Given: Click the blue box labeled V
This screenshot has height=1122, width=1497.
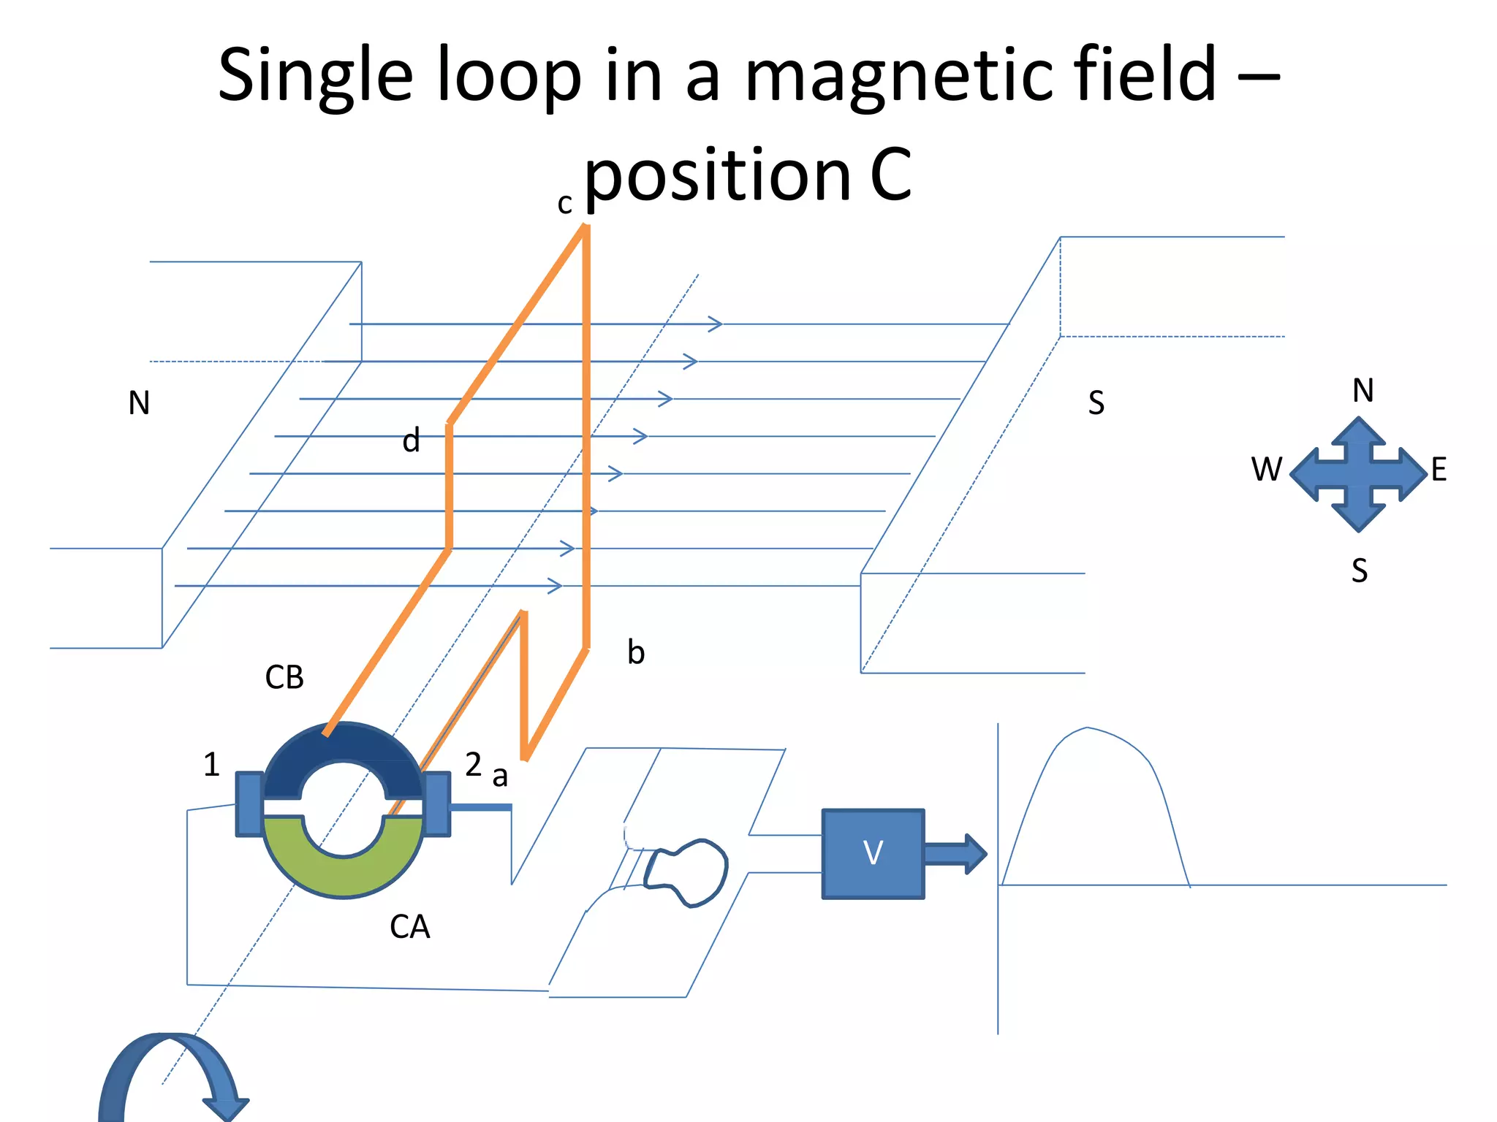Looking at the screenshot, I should pos(873,853).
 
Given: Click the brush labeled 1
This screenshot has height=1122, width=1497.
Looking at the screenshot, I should pos(249,804).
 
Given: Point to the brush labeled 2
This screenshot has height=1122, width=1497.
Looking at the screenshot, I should pos(437,804).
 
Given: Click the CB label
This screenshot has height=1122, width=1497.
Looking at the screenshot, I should pos(284,678).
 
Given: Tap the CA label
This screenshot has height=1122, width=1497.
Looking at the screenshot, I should pos(409,927).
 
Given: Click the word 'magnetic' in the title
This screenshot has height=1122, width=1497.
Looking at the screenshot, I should pos(901,75).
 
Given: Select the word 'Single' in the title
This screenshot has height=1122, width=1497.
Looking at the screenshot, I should pos(316,76).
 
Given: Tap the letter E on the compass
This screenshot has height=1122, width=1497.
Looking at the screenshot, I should pos(1439,470).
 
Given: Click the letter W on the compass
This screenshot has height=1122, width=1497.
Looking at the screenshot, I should pos(1266,470).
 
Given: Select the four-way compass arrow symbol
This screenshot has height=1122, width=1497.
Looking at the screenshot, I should pos(1358,473).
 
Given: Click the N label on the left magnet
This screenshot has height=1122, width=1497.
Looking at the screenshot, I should pos(139,403).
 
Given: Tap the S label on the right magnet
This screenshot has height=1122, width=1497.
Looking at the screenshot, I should pos(1096,403).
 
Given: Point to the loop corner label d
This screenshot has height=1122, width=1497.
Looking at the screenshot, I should pos(412,441).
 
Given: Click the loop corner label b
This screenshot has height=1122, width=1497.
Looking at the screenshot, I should pos(636,652).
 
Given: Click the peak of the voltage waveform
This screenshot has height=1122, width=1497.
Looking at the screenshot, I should pos(1088,728).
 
